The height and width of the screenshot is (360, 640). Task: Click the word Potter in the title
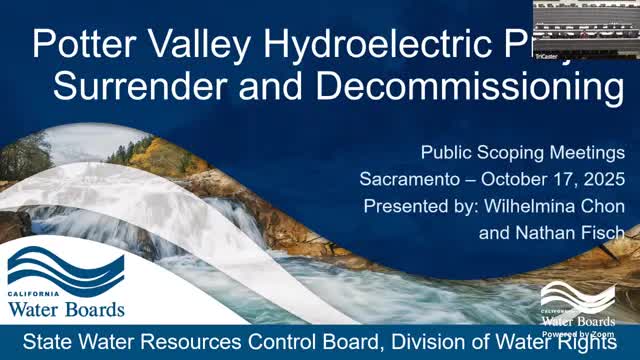pos(82,46)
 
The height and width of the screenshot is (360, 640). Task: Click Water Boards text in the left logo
pos(66,308)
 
